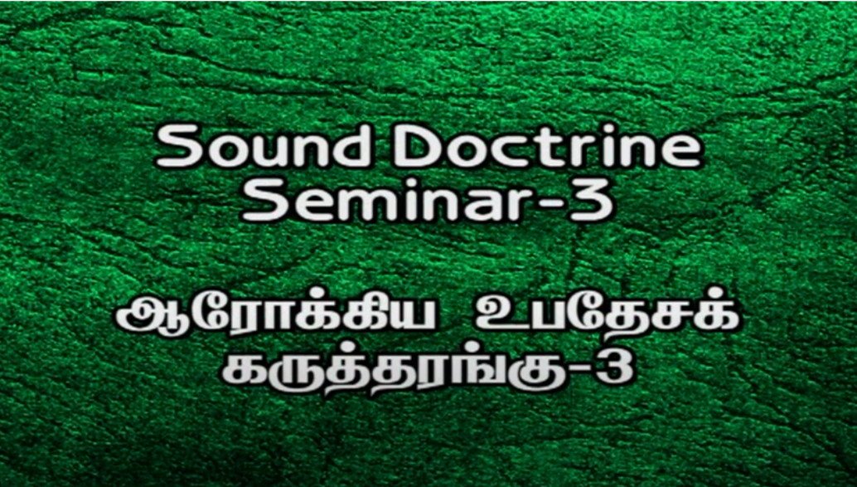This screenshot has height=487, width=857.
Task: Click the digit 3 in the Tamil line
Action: pos(612,366)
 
